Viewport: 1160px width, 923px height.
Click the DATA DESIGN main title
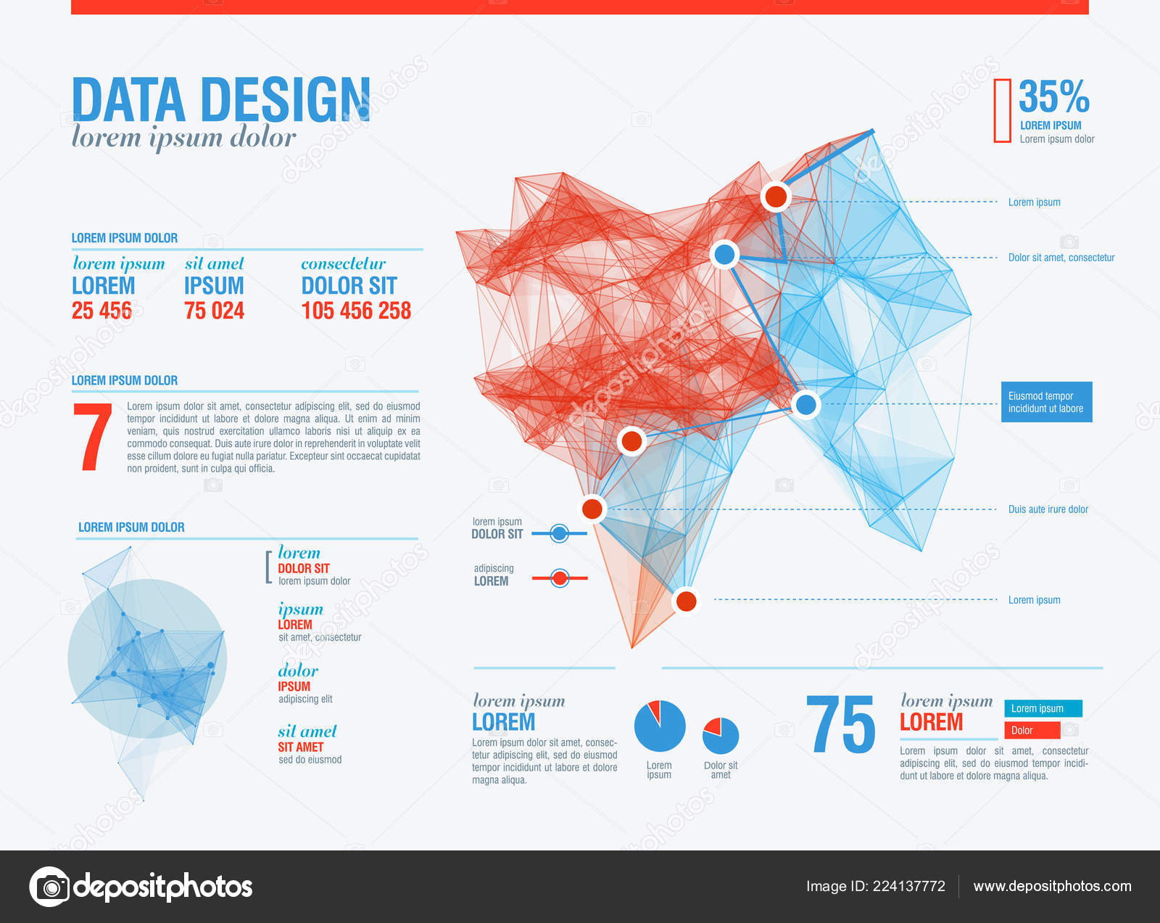pyautogui.click(x=221, y=99)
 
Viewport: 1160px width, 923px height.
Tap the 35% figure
pyautogui.click(x=1053, y=97)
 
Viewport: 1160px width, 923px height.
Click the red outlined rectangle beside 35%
pyautogui.click(x=1002, y=110)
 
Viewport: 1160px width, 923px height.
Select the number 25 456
pyautogui.click(x=101, y=311)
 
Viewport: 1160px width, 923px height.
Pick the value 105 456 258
pyautogui.click(x=356, y=311)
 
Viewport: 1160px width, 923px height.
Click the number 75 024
pyautogui.click(x=214, y=311)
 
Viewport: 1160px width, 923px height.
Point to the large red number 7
pyautogui.click(x=93, y=438)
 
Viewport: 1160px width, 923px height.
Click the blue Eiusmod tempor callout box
pyautogui.click(x=1046, y=402)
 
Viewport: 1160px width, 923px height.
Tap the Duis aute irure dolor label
pyautogui.click(x=1048, y=509)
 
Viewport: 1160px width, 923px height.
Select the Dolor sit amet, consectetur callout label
pyautogui.click(x=1061, y=258)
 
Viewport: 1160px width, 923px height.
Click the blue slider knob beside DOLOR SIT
pyautogui.click(x=559, y=534)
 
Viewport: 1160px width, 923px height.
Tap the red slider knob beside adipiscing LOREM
pyautogui.click(x=559, y=578)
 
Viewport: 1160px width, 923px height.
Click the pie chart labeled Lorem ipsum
pyautogui.click(x=659, y=726)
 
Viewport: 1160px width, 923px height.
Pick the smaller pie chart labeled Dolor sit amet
pyautogui.click(x=721, y=736)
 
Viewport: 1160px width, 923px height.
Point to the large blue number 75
pyautogui.click(x=841, y=725)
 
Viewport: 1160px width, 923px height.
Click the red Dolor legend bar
pyautogui.click(x=1032, y=730)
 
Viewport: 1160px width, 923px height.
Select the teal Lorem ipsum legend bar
pyautogui.click(x=1043, y=708)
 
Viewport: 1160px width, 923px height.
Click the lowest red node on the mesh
pyautogui.click(x=686, y=601)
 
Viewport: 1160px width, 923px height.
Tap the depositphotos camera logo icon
pyautogui.click(x=50, y=886)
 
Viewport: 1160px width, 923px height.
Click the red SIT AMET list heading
pyautogui.click(x=300, y=747)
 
